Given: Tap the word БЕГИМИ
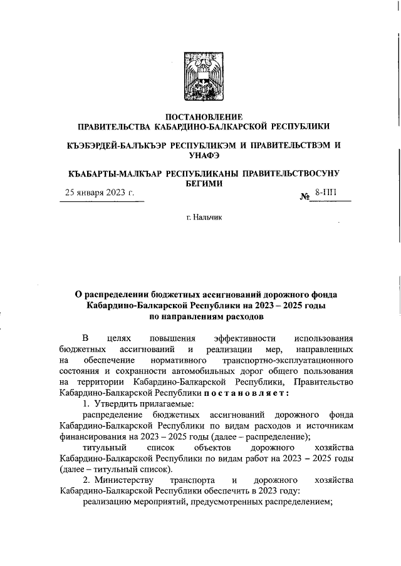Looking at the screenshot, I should pyautogui.click(x=200, y=183).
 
